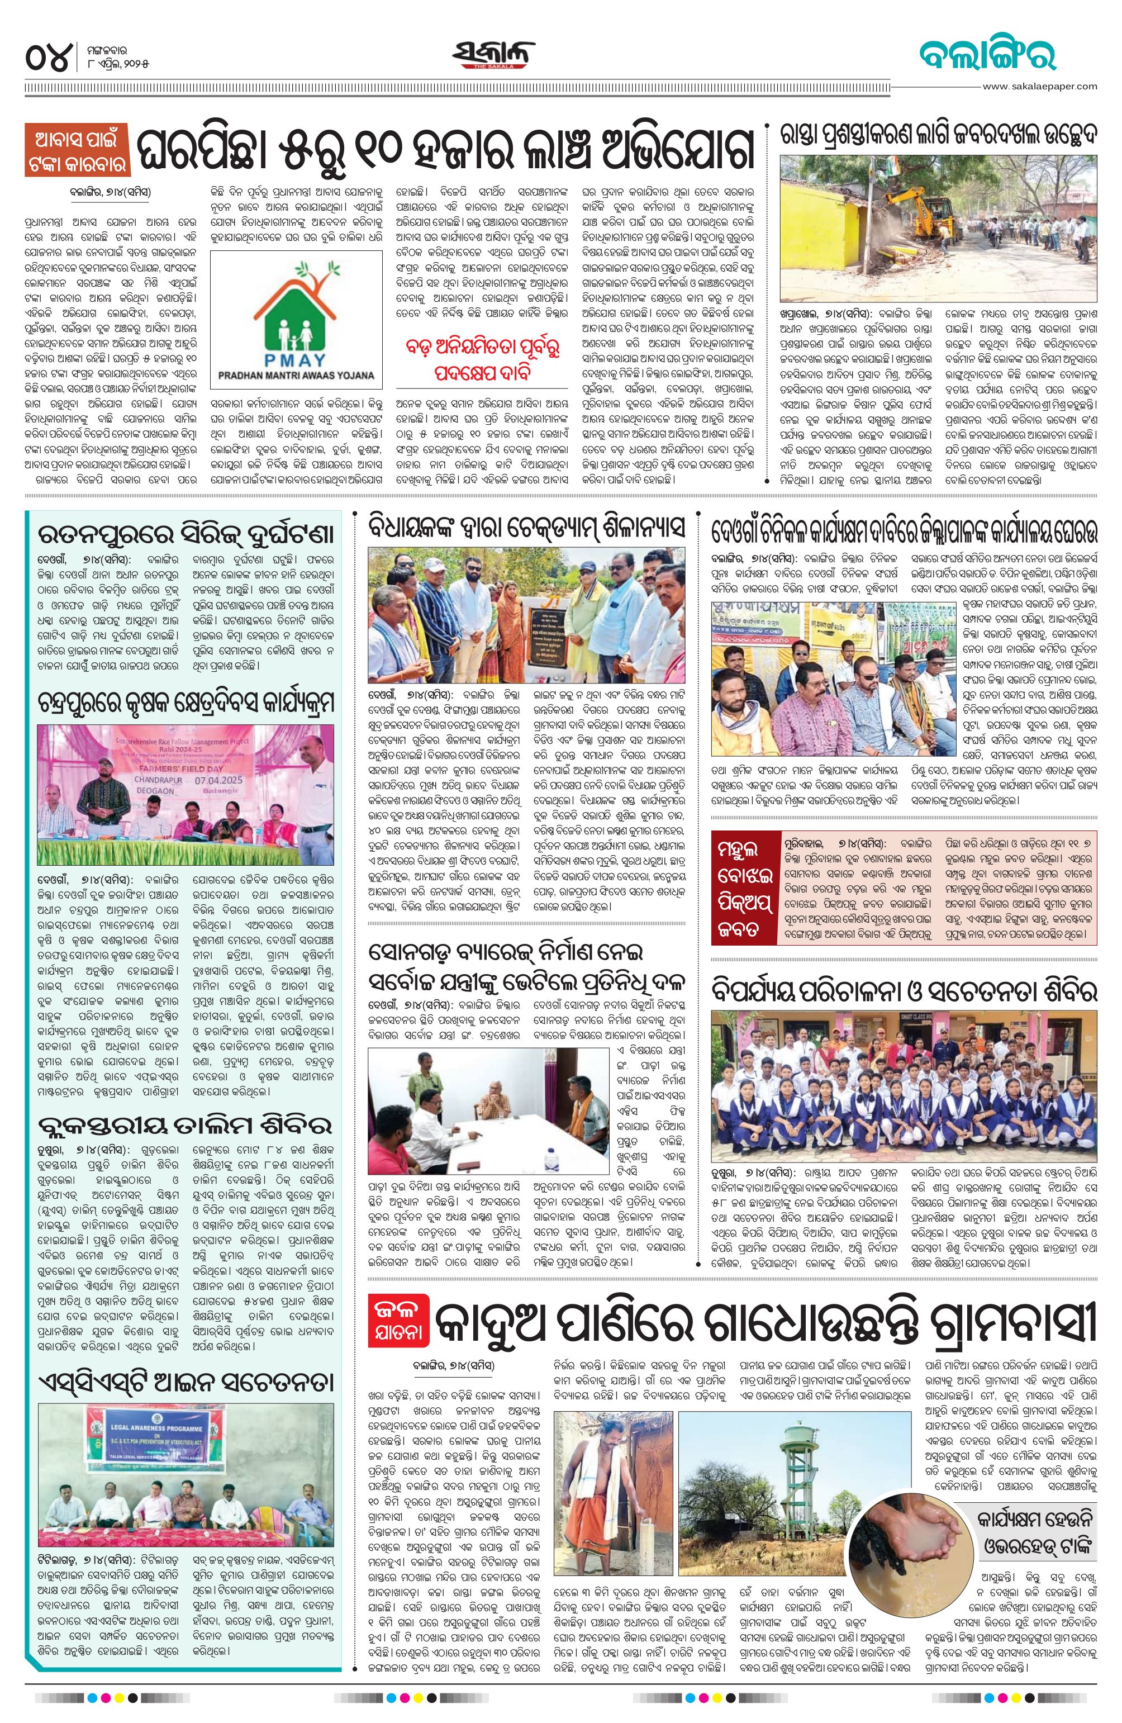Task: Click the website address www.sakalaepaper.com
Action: click(1039, 86)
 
